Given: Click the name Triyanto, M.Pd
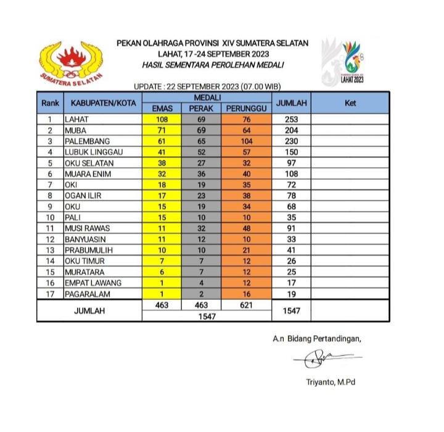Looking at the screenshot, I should point(331,382).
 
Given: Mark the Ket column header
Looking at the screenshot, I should point(350,103).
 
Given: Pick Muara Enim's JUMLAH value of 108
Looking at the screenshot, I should point(291,173).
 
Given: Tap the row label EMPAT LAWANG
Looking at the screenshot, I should point(92,282).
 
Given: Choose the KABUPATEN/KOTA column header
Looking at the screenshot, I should point(103,103).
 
